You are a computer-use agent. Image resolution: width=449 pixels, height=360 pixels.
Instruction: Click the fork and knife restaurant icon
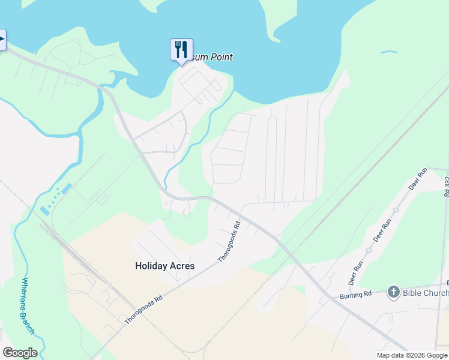[181, 49]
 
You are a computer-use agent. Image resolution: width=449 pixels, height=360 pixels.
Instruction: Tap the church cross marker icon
[394, 292]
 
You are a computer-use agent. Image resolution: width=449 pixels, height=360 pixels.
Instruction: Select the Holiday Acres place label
[165, 265]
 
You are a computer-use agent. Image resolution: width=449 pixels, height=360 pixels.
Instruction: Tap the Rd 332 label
[447, 186]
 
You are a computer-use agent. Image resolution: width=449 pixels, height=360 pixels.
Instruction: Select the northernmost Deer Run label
[418, 178]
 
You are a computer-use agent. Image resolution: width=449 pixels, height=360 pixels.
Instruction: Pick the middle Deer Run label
[382, 230]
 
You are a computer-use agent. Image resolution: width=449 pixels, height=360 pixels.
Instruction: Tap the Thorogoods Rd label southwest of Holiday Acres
[144, 310]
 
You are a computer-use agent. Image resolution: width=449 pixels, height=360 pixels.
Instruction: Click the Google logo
[20, 353]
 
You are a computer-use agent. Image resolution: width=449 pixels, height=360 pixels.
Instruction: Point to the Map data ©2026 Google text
[412, 355]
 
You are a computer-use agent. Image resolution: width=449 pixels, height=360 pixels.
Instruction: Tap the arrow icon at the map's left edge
[2, 41]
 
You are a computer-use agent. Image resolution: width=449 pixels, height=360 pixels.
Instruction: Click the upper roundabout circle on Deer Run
[396, 210]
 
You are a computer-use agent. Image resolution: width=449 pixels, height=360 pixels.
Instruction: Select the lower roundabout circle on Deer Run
[368, 250]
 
